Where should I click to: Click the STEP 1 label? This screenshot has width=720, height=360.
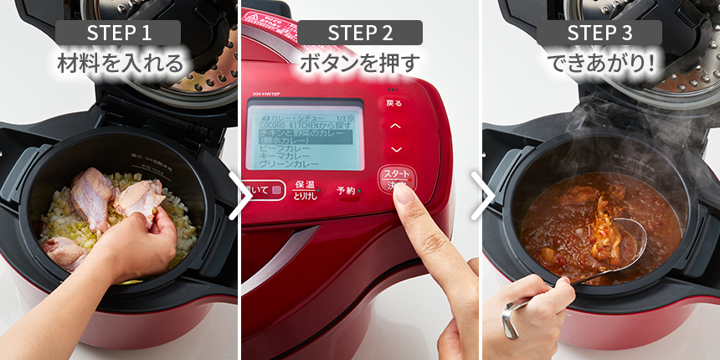point(119,33)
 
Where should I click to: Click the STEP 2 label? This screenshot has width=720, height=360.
point(360,33)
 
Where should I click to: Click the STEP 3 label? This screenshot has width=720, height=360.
point(599,33)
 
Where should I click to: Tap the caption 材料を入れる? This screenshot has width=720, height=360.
point(119,62)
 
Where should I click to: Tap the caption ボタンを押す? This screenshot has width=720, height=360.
point(360,62)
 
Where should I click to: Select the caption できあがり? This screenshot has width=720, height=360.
point(599,62)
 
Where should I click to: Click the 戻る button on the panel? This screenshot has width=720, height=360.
point(393,103)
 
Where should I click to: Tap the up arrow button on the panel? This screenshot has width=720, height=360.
point(396,126)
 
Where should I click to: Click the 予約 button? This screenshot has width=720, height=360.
point(346,190)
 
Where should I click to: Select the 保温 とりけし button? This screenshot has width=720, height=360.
point(304,190)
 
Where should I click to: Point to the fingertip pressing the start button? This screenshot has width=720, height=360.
point(402,191)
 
